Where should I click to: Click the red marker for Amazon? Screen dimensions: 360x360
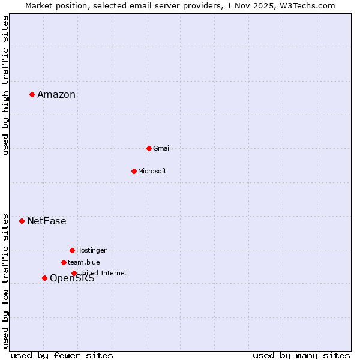(32, 94)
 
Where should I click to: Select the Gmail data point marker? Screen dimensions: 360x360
(149, 148)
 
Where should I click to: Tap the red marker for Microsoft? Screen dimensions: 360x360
(134, 171)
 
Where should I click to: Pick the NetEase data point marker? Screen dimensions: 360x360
(22, 221)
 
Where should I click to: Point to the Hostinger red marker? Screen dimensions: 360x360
(72, 250)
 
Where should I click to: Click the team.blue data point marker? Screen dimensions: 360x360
(64, 262)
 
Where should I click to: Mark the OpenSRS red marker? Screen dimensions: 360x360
(44, 278)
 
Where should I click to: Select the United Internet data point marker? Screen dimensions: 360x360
(74, 273)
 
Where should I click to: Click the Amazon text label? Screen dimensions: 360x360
(56, 94)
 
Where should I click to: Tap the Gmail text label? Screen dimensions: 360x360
(162, 148)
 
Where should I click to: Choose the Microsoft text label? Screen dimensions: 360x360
(152, 171)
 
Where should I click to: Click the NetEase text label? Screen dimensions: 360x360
(47, 221)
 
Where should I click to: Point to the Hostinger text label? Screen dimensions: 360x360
(91, 250)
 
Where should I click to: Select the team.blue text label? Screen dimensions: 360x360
(84, 262)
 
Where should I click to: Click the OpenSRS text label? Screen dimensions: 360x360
(72, 278)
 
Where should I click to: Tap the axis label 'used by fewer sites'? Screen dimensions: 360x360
(62, 355)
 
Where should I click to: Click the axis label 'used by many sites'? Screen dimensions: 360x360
(301, 355)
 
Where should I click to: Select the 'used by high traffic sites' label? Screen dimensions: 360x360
(6, 85)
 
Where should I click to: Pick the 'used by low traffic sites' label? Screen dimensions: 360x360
(6, 281)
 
